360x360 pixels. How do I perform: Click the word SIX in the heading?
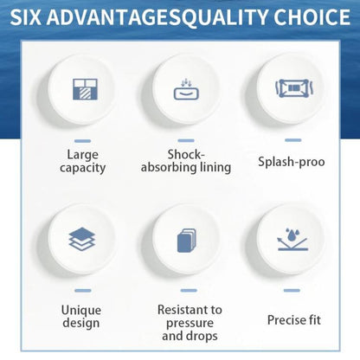tap(26, 17)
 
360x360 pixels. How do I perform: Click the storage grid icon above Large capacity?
tap(85, 89)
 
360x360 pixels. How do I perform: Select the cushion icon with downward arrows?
tap(186, 89)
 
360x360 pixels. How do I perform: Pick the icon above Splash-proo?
tap(294, 88)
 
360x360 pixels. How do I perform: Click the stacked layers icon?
tap(82, 239)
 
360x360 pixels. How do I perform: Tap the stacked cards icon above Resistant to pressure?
tap(186, 241)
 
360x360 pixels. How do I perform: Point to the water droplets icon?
tap(292, 240)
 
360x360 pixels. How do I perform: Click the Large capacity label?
tap(82, 161)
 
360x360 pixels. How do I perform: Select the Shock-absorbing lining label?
tap(186, 161)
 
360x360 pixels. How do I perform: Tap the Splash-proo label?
tap(292, 162)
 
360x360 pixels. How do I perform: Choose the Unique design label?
tap(81, 317)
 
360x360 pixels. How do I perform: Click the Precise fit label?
tap(294, 319)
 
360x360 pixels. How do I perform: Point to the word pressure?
tap(190, 324)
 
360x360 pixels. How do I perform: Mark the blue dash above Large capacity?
tap(82, 141)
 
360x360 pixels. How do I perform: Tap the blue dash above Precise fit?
tap(292, 290)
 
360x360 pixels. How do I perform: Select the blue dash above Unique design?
tap(83, 291)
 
